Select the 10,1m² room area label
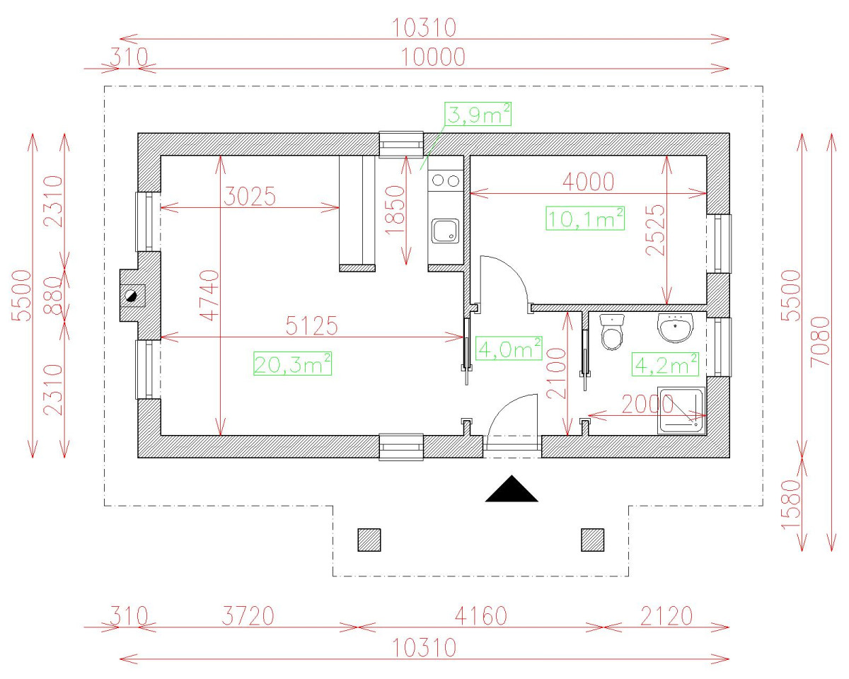(x=585, y=219)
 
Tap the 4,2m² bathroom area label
(x=666, y=364)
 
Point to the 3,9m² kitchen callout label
(x=478, y=114)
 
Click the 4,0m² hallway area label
(x=509, y=348)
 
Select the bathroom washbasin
(x=676, y=327)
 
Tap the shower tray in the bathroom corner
(x=681, y=410)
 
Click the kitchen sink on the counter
(x=445, y=231)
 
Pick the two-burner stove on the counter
(x=445, y=180)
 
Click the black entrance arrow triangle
(x=512, y=489)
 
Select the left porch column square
(x=369, y=540)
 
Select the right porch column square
(x=592, y=540)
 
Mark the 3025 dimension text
(x=248, y=196)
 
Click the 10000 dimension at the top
(x=434, y=57)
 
